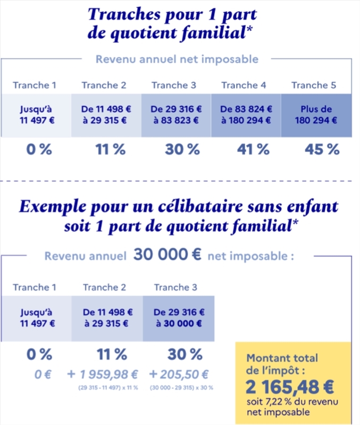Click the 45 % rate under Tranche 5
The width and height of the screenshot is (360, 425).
click(x=322, y=149)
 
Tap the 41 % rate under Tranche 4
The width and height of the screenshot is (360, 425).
click(x=253, y=149)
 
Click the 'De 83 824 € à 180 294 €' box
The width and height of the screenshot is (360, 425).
click(x=246, y=115)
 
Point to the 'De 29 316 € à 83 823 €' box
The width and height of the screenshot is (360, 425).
click(x=177, y=115)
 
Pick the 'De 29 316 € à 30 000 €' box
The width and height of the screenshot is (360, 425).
click(x=178, y=318)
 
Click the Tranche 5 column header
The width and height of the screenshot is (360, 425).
click(x=313, y=85)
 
